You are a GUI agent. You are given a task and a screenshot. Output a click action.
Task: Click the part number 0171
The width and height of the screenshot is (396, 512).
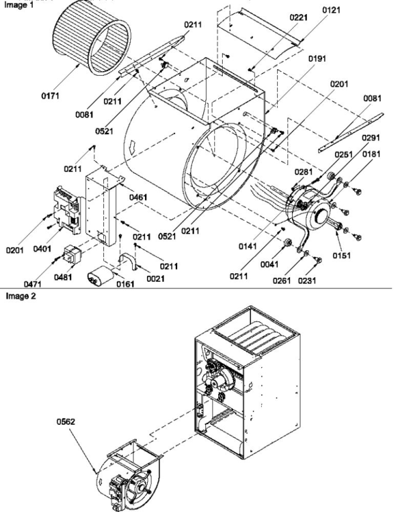tap(50, 96)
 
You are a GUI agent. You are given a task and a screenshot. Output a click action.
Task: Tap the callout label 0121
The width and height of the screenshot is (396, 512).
tap(332, 10)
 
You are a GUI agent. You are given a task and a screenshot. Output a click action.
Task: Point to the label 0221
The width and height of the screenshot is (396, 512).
tap(299, 17)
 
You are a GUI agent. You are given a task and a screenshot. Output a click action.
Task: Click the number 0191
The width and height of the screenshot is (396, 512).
tap(317, 58)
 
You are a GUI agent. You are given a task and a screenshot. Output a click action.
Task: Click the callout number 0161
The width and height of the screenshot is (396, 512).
tap(126, 284)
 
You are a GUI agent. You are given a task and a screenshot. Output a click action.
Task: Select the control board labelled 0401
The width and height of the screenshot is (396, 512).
tap(67, 210)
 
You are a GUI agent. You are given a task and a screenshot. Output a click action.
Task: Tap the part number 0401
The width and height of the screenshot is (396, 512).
tap(42, 249)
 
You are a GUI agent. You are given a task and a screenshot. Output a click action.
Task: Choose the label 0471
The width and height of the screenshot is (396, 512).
tap(33, 284)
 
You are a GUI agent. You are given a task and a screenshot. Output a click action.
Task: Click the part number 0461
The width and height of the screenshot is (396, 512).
tap(138, 197)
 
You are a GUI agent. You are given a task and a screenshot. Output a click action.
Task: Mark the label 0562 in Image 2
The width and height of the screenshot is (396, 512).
tap(66, 421)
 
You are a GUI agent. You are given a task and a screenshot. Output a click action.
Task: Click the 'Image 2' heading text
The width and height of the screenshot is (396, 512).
tap(21, 296)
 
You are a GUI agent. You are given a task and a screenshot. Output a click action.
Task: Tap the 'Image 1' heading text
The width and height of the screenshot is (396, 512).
tap(19, 5)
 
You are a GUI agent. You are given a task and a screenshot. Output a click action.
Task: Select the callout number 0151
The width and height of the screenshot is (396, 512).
tap(342, 256)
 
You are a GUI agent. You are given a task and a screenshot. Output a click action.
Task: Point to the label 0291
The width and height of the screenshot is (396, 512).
tap(371, 138)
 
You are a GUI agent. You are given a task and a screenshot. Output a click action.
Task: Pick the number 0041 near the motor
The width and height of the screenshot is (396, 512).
tap(269, 264)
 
